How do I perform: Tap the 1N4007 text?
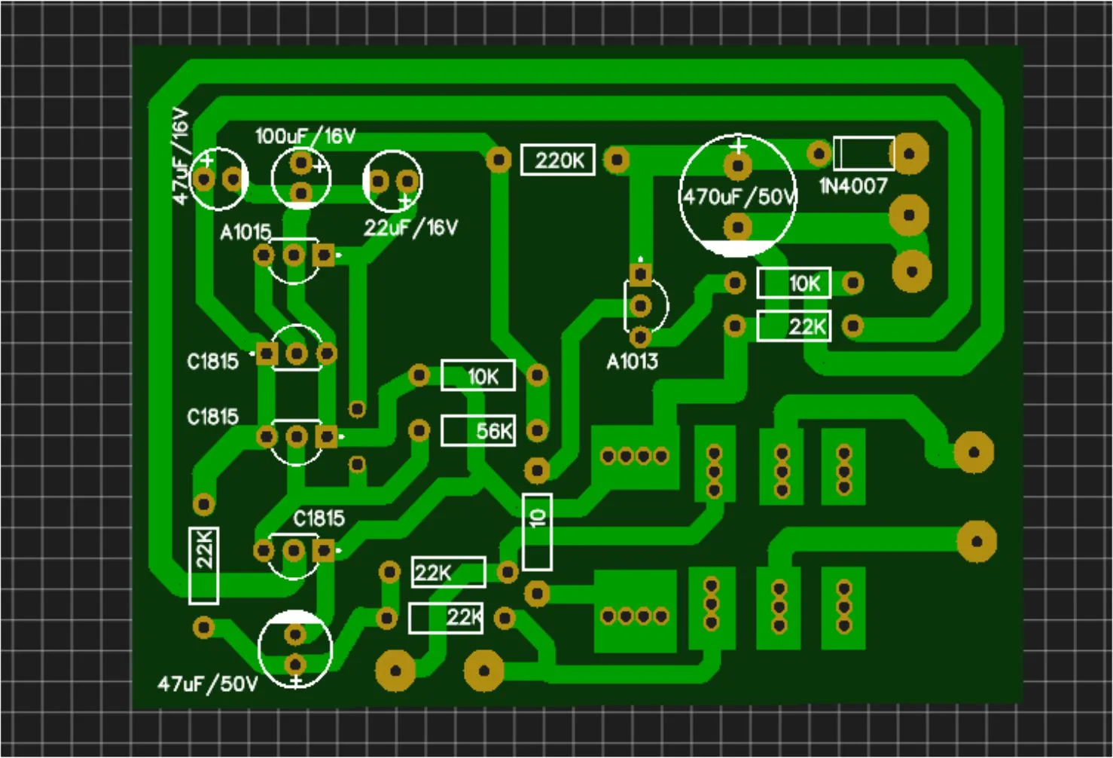click(853, 186)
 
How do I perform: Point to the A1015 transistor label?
click(245, 231)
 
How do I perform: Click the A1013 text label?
click(632, 362)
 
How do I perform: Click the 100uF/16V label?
click(305, 136)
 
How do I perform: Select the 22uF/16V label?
click(410, 228)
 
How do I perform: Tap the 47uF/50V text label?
click(208, 684)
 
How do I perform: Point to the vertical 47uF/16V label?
click(181, 156)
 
